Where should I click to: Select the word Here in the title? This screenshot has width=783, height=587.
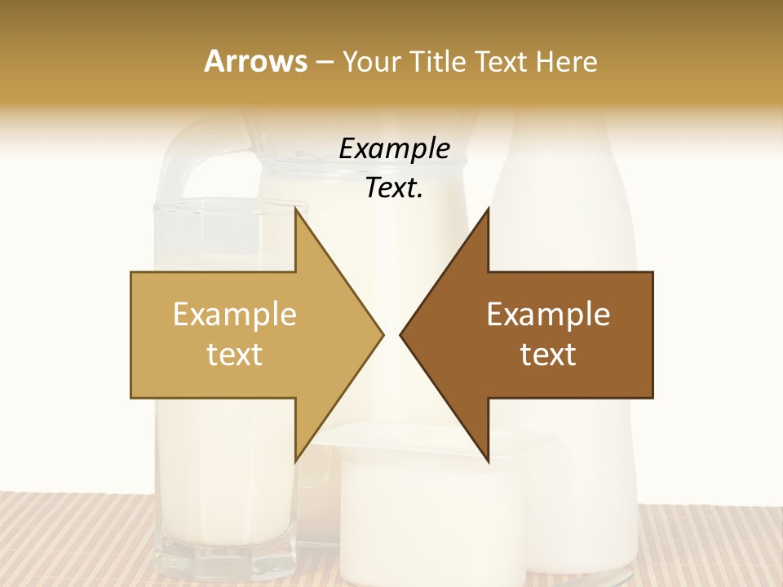(x=567, y=61)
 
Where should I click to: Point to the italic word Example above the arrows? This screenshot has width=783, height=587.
(x=394, y=148)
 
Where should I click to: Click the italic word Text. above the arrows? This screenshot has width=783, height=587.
(x=394, y=188)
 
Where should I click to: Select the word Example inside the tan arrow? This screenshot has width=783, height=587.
(x=235, y=314)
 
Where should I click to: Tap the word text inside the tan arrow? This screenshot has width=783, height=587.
(x=235, y=354)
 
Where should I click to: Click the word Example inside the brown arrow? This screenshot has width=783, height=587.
(x=548, y=314)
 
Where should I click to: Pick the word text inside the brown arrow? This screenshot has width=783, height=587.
(x=548, y=354)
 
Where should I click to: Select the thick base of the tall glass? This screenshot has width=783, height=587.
(x=224, y=558)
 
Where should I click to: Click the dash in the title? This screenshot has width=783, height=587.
(x=324, y=62)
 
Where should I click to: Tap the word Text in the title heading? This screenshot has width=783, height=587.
(x=502, y=61)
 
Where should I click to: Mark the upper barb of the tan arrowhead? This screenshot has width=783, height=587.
(x=297, y=220)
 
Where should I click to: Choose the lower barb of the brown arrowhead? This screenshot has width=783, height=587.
(x=487, y=452)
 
